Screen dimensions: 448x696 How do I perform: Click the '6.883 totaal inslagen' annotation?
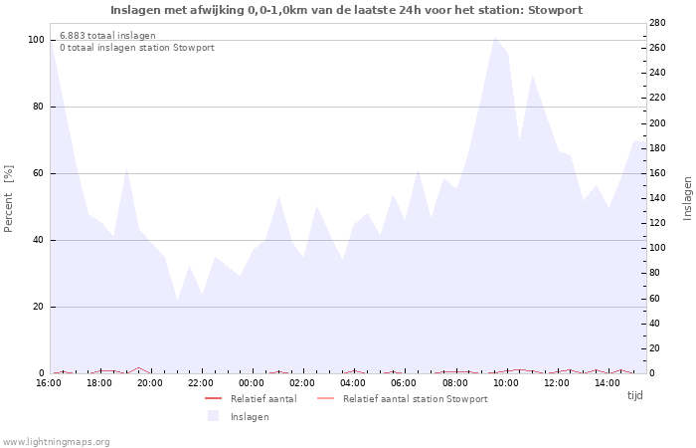coord(107,36)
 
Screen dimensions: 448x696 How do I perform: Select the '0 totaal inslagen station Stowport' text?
coord(136,48)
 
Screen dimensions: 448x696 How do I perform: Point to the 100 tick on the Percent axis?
coord(36,40)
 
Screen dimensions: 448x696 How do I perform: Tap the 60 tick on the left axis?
coord(39,173)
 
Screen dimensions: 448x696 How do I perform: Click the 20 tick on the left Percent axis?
coord(39,307)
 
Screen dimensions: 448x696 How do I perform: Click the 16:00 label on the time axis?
coord(49,383)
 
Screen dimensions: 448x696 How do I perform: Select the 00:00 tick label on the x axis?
coord(252,383)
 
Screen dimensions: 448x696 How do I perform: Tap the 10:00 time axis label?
coord(506,383)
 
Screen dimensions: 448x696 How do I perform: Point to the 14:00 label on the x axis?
coord(608,383)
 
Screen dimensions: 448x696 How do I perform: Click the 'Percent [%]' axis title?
coord(10,198)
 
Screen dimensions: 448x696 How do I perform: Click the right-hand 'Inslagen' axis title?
coord(687,198)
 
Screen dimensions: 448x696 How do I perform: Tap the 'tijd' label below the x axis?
coord(634,395)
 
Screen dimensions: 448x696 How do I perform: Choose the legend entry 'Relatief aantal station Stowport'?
coord(415,399)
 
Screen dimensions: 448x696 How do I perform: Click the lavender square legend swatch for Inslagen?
coord(213,416)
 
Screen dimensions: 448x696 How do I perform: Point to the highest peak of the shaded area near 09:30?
coord(494,37)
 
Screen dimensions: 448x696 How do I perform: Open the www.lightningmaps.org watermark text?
coord(57,441)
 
